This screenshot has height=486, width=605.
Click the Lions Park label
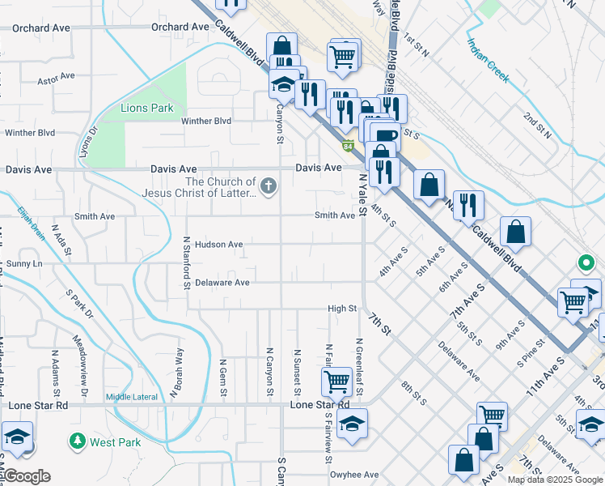[147, 108]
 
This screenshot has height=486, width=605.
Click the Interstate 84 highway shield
[348, 146]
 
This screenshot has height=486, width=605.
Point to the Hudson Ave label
[218, 244]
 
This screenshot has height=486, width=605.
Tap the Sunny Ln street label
[24, 264]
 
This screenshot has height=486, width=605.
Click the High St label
[342, 309]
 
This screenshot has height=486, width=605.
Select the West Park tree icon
[78, 441]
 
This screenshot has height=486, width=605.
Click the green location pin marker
[586, 262]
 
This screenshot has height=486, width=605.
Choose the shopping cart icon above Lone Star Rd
[336, 380]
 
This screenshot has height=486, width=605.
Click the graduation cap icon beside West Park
[17, 436]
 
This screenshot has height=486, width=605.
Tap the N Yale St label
[362, 189]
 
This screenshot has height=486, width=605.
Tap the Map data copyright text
[555, 480]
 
